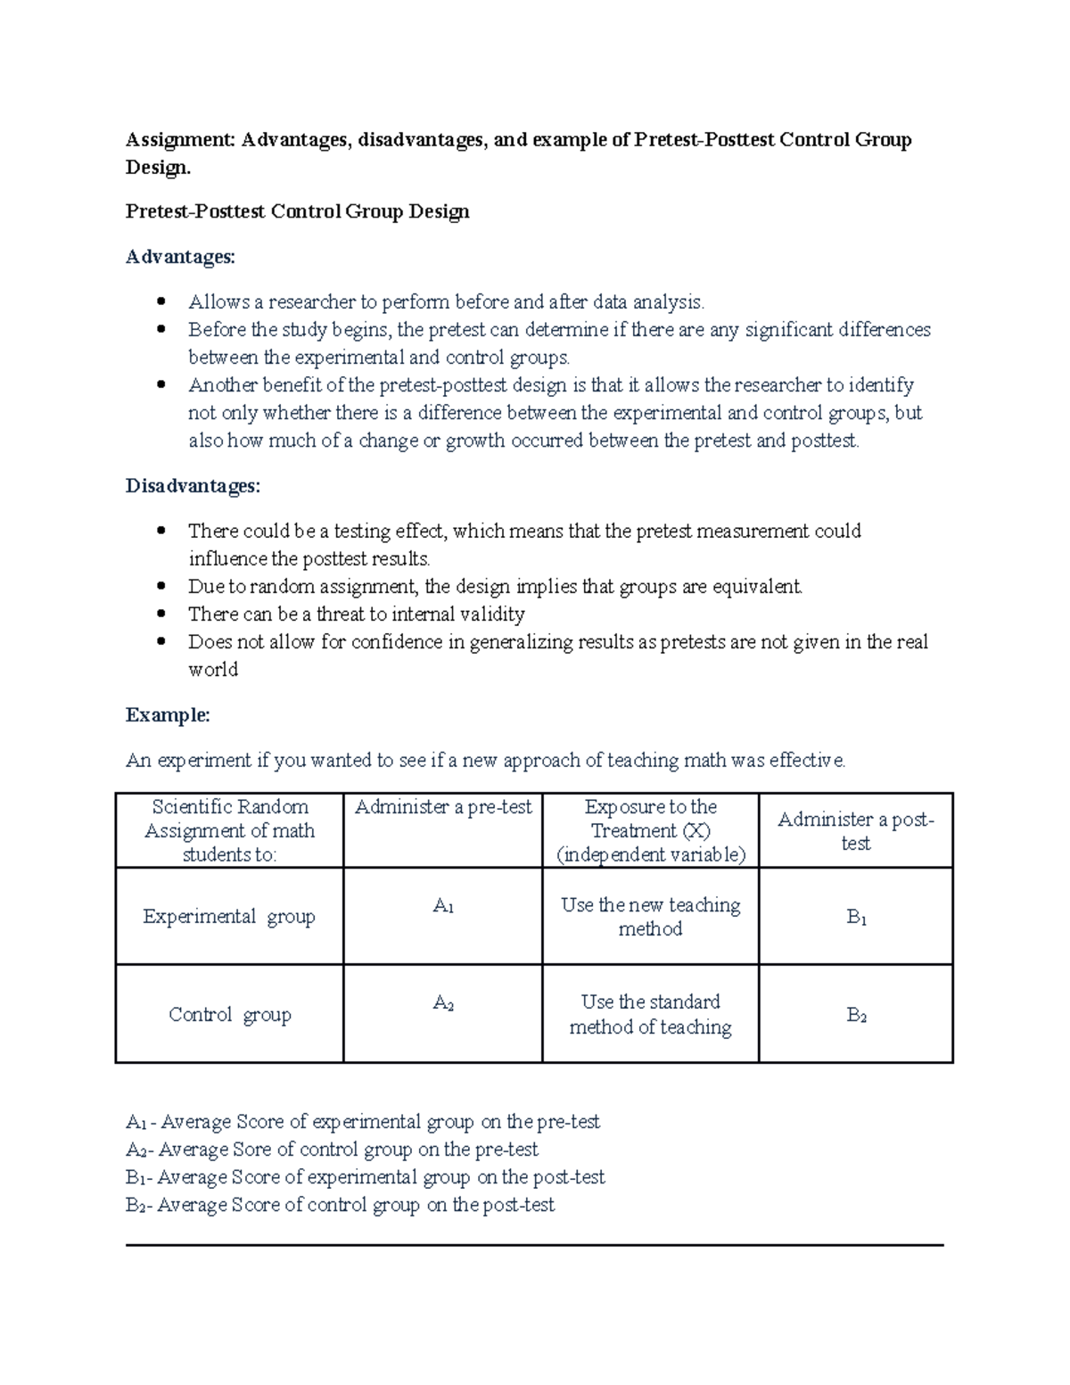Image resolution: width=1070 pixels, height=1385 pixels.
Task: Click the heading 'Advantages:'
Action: pyautogui.click(x=180, y=257)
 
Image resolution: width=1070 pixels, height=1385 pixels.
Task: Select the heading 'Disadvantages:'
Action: pyautogui.click(x=193, y=486)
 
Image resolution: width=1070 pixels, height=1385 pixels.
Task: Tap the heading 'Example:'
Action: pyautogui.click(x=168, y=715)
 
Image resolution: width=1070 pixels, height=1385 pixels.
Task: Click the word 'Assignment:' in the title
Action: pyautogui.click(x=180, y=140)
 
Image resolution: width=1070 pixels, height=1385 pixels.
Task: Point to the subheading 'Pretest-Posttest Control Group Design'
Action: pyautogui.click(x=297, y=211)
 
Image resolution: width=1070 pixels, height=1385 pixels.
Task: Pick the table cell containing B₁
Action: pyautogui.click(x=856, y=917)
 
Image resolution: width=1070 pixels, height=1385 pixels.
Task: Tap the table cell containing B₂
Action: pyautogui.click(x=856, y=1015)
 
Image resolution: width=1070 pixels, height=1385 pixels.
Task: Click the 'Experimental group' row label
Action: pyautogui.click(x=229, y=917)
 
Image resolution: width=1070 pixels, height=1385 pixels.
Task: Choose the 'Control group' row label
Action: pyautogui.click(x=229, y=1015)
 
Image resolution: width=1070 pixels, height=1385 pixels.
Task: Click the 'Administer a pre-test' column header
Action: pyautogui.click(x=443, y=807)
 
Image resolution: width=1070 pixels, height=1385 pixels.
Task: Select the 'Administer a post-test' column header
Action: pyautogui.click(x=856, y=830)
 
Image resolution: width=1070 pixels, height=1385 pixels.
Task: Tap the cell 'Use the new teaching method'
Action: pyautogui.click(x=651, y=917)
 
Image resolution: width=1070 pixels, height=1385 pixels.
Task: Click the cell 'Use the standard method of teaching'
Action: pyautogui.click(x=651, y=1015)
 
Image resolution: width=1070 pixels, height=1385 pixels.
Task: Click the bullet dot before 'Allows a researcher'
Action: pyautogui.click(x=161, y=301)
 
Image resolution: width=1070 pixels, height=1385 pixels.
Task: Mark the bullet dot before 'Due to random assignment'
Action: pyautogui.click(x=161, y=587)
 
